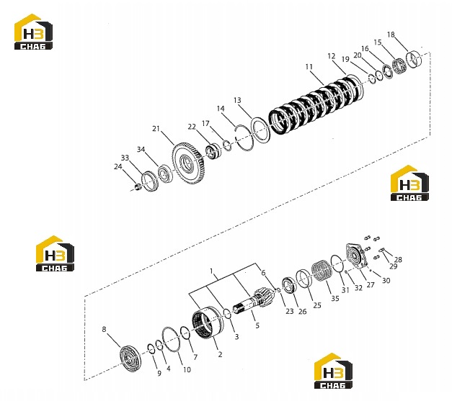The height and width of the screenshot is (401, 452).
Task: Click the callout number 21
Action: tap(156, 129)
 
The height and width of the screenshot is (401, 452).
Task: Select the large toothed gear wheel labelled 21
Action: tap(188, 163)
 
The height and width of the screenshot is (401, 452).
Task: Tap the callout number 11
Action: tap(309, 67)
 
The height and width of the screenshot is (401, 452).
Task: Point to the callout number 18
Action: tap(391, 35)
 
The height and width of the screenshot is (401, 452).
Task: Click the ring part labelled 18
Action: tap(414, 59)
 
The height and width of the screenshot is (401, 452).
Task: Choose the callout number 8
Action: tap(104, 329)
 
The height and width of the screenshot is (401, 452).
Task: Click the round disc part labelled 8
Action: tap(130, 359)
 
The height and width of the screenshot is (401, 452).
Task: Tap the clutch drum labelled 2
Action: tap(208, 323)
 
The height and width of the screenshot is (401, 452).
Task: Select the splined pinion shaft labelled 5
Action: tap(252, 300)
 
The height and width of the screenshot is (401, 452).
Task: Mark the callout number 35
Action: tap(334, 299)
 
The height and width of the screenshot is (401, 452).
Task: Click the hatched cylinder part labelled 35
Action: tap(322, 270)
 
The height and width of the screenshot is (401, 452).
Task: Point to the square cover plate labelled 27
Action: tap(357, 256)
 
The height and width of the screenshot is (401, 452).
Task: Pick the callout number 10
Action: tap(187, 369)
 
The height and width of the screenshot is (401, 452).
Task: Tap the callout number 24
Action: tap(118, 167)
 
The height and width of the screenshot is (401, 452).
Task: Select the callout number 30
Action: tap(386, 280)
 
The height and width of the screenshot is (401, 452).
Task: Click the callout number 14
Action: tap(221, 109)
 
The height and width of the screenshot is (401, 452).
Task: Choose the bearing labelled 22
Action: tap(213, 151)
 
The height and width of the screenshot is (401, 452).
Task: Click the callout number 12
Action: tap(332, 56)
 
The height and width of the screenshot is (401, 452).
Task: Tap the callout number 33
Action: tap(125, 158)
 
